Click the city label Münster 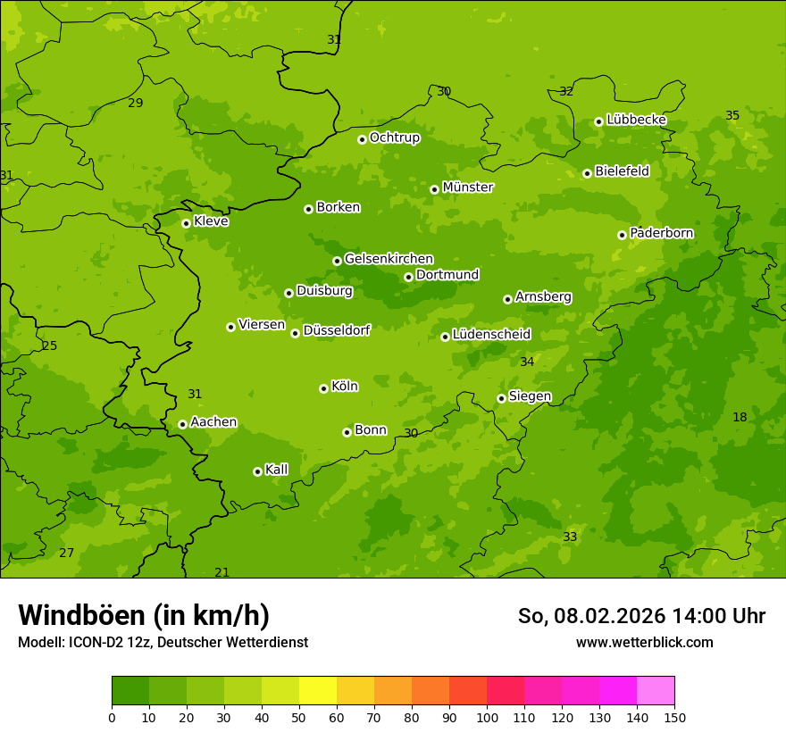[468, 187]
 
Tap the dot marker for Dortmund [408, 277]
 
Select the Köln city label [345, 387]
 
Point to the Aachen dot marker [182, 424]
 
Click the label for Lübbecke [636, 120]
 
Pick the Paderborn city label [661, 233]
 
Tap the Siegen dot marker [501, 398]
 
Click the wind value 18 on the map [740, 417]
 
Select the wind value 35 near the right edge [732, 116]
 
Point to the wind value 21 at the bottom [222, 572]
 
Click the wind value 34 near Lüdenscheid [527, 362]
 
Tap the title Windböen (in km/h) [144, 615]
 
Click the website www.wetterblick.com [644, 642]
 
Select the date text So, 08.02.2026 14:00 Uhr [641, 616]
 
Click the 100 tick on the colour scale [487, 717]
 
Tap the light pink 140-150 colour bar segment [656, 691]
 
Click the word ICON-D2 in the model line [91, 642]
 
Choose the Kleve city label [211, 221]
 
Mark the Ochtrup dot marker [362, 139]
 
